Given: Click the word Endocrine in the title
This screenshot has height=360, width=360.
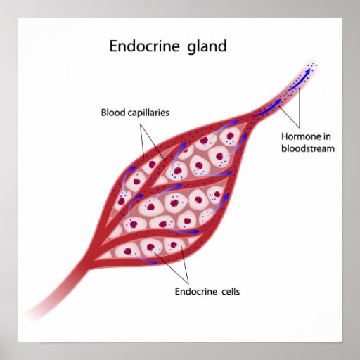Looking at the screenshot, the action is pyautogui.click(x=145, y=46).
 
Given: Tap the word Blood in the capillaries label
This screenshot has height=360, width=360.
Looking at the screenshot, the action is pyautogui.click(x=113, y=112).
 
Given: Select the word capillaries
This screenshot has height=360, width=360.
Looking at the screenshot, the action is pyautogui.click(x=148, y=113).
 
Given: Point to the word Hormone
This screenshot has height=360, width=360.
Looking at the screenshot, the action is pyautogui.click(x=300, y=136).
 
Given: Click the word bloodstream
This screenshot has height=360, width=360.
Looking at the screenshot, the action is pyautogui.click(x=308, y=148).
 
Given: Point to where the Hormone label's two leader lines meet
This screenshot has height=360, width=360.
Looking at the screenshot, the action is pyautogui.click(x=299, y=128).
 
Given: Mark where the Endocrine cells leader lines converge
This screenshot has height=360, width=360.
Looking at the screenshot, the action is pyautogui.click(x=188, y=283).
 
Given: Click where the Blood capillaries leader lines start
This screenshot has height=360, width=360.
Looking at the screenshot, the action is pyautogui.click(x=141, y=124).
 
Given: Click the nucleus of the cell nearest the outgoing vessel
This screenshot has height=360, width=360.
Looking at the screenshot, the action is pyautogui.click(x=231, y=136).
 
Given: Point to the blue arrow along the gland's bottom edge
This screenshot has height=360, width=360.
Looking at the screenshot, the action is pyautogui.click(x=146, y=259).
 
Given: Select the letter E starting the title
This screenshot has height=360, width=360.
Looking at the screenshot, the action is pyautogui.click(x=113, y=46).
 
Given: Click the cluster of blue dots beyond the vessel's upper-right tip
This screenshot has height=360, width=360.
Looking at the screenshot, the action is pyautogui.click(x=312, y=65).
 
